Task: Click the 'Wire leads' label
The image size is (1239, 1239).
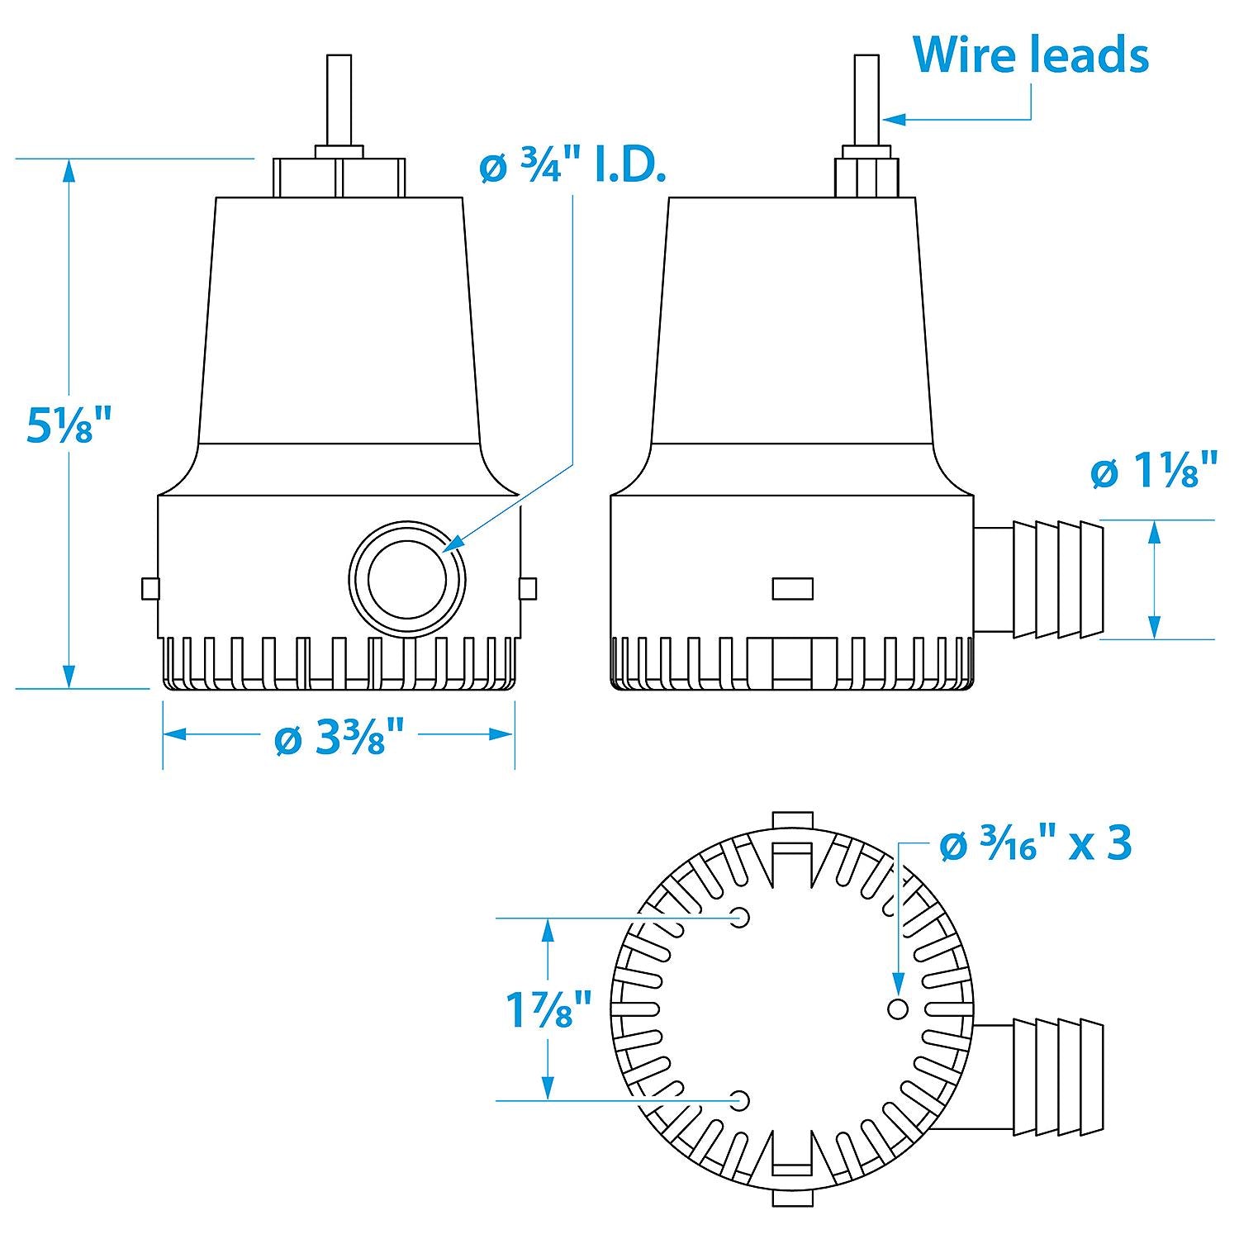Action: pos(1031,55)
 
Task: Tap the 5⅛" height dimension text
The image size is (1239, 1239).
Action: pos(68,425)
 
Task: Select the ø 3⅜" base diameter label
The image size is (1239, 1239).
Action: pos(339,737)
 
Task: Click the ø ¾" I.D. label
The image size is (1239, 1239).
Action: pos(572,169)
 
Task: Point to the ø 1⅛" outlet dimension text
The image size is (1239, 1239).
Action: pos(1154,472)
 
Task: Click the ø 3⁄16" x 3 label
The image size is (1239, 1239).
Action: pos(1036,844)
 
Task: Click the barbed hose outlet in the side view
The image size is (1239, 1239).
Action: pos(1039,579)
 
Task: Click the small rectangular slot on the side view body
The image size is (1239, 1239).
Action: pos(792,589)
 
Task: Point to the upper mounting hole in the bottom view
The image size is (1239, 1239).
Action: pos(740,918)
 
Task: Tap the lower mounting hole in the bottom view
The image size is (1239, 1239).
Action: pos(740,1100)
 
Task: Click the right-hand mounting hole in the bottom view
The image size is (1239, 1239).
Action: pos(897,1009)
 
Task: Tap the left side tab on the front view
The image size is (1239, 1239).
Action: pos(150,589)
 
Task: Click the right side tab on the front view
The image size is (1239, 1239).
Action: pos(527,589)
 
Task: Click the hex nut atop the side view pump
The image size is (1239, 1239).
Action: pos(866,173)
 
